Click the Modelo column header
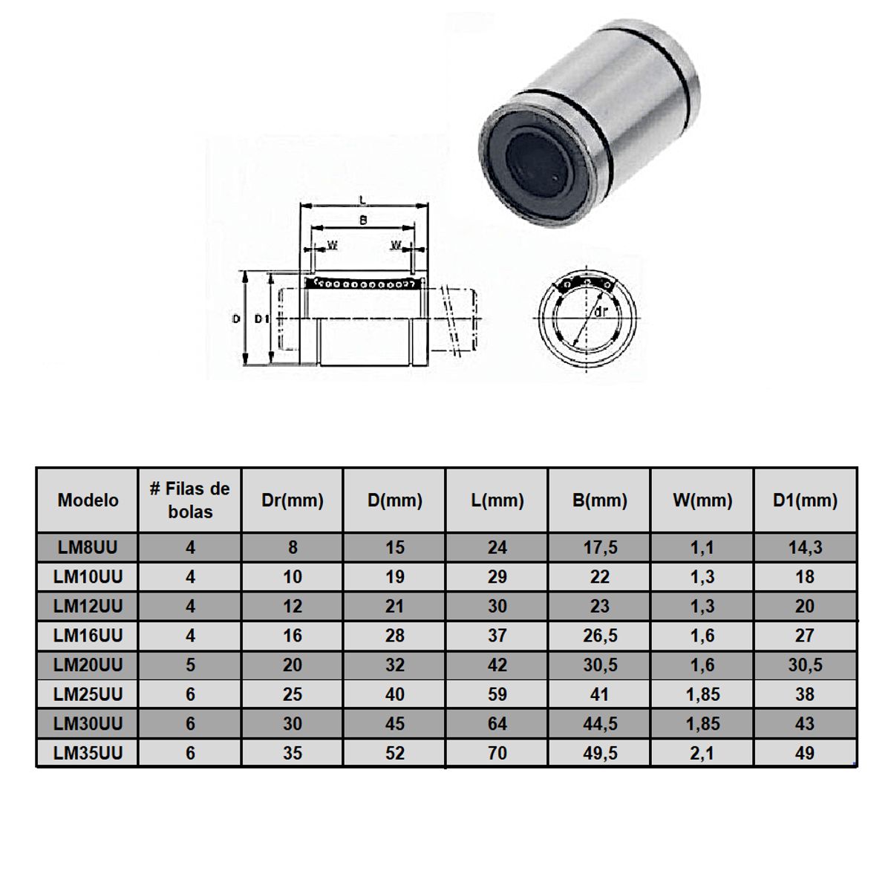point(88,500)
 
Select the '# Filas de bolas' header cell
point(190,500)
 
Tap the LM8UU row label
point(88,547)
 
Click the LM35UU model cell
point(88,753)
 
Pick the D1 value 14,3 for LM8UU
point(805,547)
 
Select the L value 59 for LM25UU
point(497,694)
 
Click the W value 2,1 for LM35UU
point(702,753)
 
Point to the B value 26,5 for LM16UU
point(600,636)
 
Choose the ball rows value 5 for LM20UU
point(190,665)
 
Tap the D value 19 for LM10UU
point(395,577)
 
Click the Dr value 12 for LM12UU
point(293,606)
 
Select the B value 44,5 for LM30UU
point(600,723)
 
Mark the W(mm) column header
point(702,500)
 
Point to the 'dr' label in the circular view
point(601,312)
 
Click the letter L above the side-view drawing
point(362,199)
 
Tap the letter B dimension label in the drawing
point(362,221)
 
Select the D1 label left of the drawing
point(261,319)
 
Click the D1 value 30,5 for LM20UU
point(805,665)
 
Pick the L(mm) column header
point(497,500)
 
